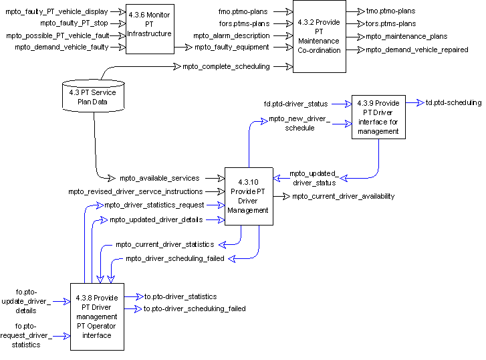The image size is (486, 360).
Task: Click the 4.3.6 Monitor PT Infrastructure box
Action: tap(150, 29)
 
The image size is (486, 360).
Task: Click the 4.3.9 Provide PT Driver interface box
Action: tap(378, 117)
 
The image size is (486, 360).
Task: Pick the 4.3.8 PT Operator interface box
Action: tap(97, 316)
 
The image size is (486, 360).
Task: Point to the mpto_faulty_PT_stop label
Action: tap(74, 23)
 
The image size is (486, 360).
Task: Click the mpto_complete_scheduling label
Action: tap(226, 66)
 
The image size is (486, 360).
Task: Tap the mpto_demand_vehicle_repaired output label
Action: tap(416, 49)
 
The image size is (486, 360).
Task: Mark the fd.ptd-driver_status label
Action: tap(296, 104)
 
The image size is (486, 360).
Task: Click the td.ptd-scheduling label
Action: tap(453, 102)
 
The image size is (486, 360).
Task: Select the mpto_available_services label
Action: tap(160, 178)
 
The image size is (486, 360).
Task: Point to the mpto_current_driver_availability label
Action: tap(343, 196)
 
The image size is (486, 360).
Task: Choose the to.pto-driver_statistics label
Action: tap(180, 296)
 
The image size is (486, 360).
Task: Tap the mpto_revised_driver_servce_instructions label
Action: tap(135, 191)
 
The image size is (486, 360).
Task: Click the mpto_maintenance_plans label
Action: tap(406, 36)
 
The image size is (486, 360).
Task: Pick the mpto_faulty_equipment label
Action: tap(232, 47)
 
